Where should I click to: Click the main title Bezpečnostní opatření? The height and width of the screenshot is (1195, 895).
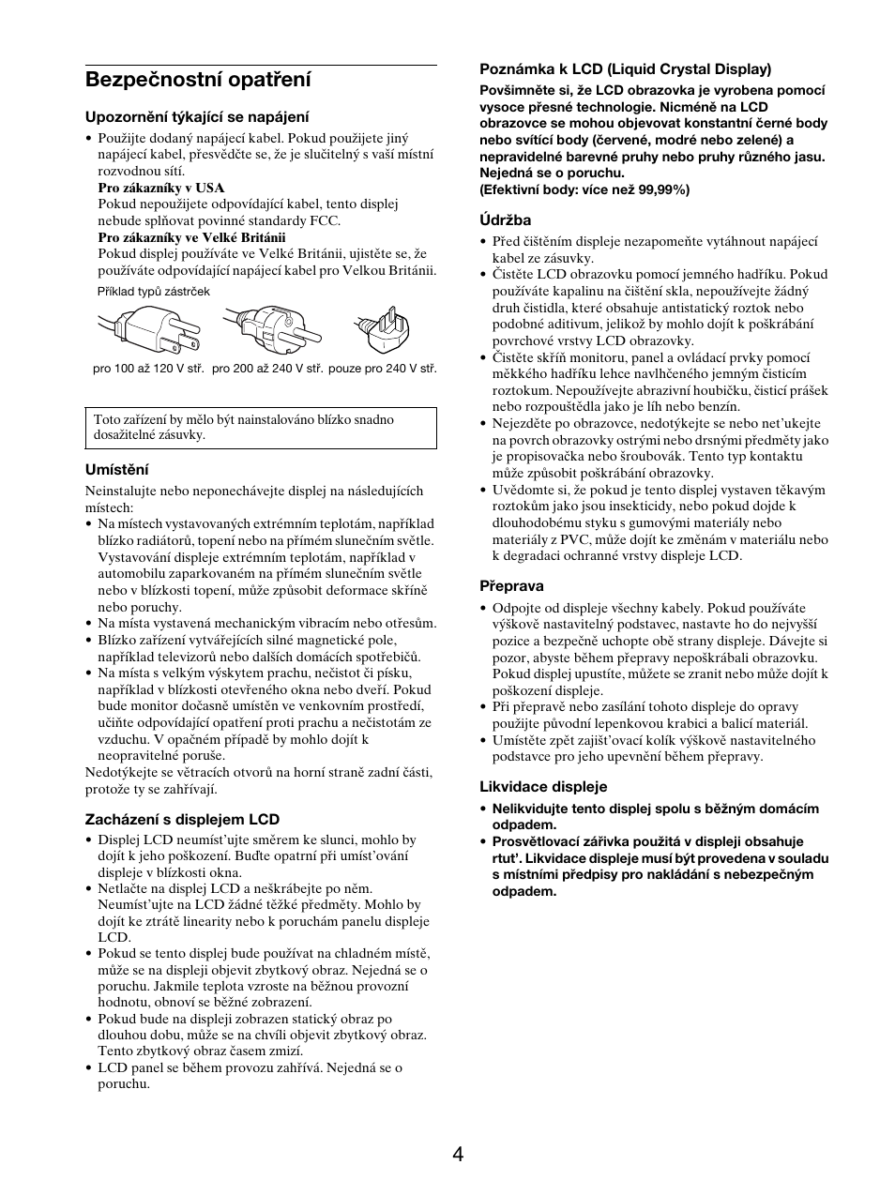198,81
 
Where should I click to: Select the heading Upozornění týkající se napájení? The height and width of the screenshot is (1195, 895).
197,117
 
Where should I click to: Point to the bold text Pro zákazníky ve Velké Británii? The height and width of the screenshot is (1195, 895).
191,237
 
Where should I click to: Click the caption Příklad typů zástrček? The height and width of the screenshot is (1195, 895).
154,292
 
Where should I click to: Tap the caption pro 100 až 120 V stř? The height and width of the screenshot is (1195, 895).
148,370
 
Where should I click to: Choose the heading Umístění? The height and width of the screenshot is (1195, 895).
117,470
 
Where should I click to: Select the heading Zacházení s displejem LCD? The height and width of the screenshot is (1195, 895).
183,820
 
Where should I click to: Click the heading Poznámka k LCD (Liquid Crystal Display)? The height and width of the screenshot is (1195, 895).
626,68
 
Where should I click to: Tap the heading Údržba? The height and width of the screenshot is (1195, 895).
506,220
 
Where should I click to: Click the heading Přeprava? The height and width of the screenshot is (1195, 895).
512,586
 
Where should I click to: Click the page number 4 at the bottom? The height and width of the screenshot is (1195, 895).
457,1155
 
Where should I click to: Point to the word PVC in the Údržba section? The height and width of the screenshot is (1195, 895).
569,539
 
